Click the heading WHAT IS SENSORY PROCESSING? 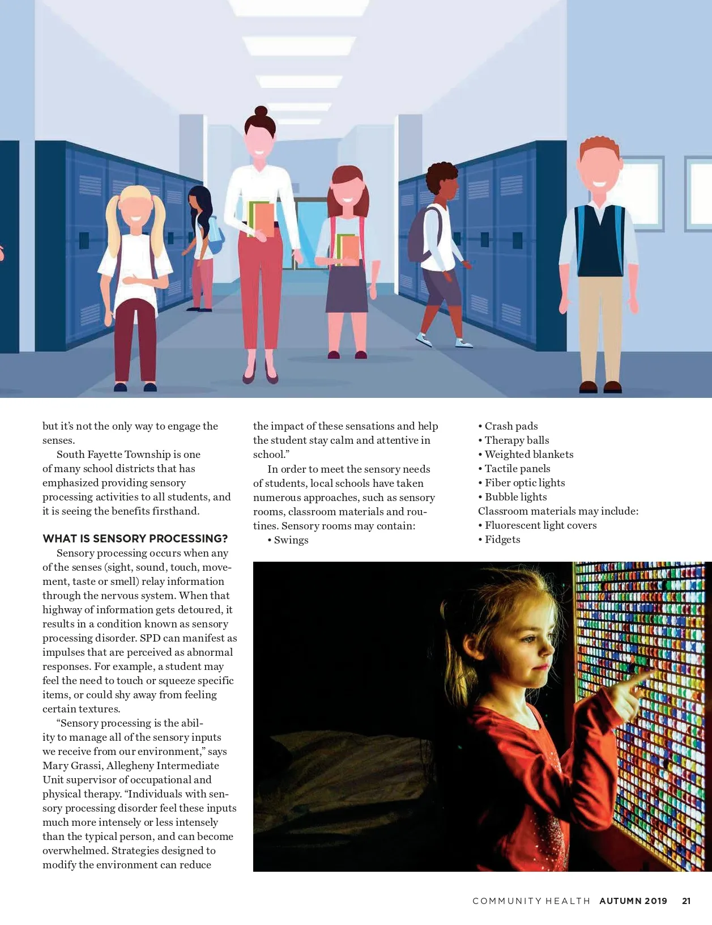135,538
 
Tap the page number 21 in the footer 686,901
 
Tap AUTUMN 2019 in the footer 633,901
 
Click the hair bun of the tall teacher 261,111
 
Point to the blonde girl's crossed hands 134,279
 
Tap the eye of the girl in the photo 529,639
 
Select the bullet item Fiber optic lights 525,483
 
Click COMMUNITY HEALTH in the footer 531,901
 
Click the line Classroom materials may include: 558,511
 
